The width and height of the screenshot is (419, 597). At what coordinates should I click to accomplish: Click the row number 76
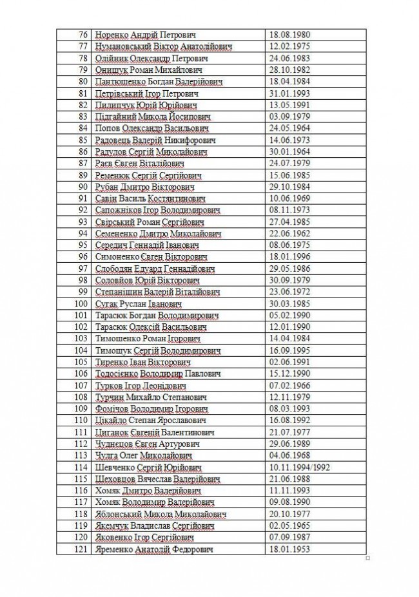[82, 35]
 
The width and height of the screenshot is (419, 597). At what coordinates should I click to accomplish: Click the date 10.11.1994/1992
[302, 467]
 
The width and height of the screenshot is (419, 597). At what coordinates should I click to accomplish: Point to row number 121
[80, 549]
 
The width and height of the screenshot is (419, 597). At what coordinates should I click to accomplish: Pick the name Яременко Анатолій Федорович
[154, 549]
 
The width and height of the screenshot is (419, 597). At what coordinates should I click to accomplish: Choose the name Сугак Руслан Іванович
[138, 303]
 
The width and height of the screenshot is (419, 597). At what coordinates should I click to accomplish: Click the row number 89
[82, 175]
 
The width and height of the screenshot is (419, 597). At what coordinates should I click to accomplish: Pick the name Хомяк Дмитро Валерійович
[145, 490]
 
